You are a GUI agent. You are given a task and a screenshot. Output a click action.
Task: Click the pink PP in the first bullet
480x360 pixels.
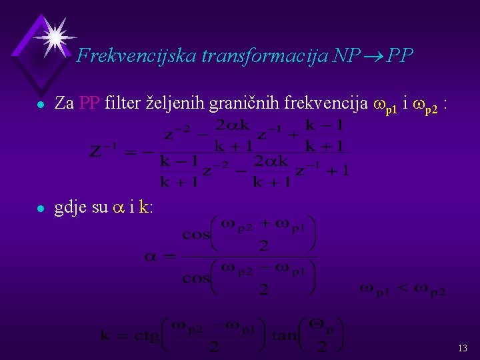(x=89, y=103)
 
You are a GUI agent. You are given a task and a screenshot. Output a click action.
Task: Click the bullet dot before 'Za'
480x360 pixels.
(x=41, y=105)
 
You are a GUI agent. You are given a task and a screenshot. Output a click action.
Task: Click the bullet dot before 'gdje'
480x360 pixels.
(x=41, y=209)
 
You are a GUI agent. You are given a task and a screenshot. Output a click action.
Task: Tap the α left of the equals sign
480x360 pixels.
(x=151, y=256)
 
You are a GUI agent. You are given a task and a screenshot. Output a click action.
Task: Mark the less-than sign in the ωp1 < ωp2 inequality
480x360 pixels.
(x=403, y=288)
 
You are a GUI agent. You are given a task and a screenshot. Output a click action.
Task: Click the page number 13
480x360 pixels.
(x=463, y=348)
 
